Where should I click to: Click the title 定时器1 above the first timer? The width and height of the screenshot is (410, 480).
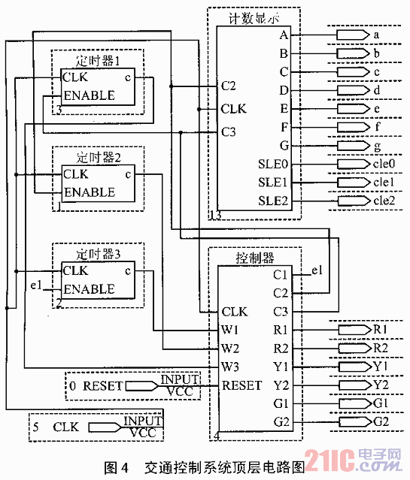tap(98, 61)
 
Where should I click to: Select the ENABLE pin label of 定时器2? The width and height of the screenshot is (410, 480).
tap(90, 192)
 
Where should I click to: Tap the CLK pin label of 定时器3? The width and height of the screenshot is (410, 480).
tap(75, 270)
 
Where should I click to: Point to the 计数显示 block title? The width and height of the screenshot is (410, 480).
tap(254, 19)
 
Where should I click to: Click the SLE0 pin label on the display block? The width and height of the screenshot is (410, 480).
tap(273, 165)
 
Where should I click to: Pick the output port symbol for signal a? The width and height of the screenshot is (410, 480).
tap(353, 35)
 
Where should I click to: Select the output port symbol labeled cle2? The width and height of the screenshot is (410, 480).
tap(354, 201)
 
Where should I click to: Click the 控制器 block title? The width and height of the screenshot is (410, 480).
tap(254, 258)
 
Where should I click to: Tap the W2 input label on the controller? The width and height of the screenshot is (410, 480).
tap(230, 349)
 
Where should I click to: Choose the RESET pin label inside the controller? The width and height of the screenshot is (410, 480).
tap(241, 385)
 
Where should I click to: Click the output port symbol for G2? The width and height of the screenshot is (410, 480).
tap(355, 422)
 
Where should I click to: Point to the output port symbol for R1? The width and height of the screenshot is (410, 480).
tap(355, 330)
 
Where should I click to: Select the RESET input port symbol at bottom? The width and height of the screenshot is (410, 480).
tap(141, 386)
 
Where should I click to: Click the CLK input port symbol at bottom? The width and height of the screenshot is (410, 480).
tap(105, 427)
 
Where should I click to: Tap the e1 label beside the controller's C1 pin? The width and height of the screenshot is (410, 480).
tap(317, 270)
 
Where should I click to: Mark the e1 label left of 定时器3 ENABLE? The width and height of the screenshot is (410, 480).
tap(36, 285)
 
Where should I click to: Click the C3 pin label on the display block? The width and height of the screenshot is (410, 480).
tap(229, 132)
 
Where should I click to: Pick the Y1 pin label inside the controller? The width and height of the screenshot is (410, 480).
tap(281, 367)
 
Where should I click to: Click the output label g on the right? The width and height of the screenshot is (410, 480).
tap(378, 146)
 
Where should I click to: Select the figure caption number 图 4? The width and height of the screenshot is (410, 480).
tap(116, 467)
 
